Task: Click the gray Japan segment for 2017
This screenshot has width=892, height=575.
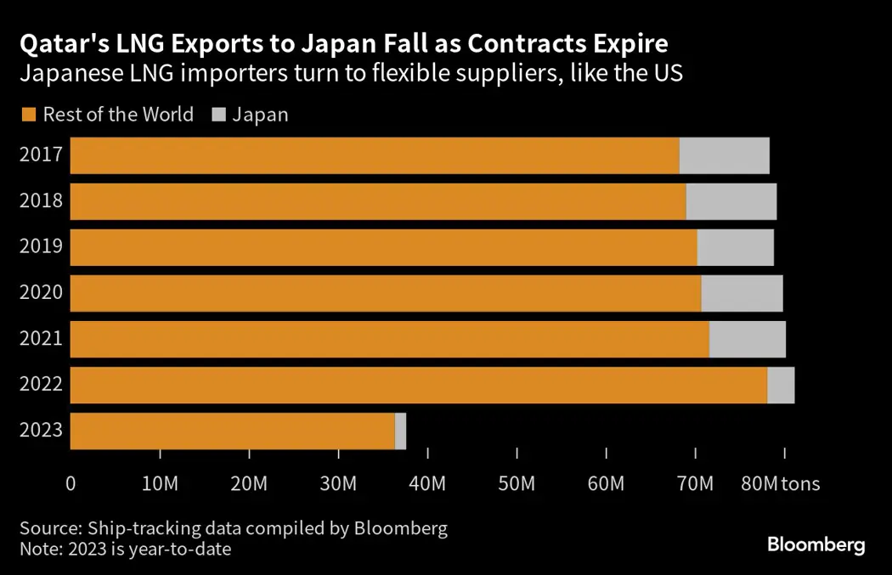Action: (x=724, y=155)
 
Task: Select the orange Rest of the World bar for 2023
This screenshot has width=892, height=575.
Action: (x=232, y=431)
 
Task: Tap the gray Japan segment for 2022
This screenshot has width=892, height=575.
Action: (x=781, y=385)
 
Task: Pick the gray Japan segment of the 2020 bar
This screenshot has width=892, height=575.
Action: (x=742, y=293)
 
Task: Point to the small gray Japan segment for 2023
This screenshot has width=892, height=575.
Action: (x=401, y=431)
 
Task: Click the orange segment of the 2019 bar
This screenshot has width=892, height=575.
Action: (x=383, y=247)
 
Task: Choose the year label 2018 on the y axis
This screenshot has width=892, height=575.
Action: (x=42, y=202)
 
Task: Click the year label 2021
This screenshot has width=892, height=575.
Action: (x=42, y=339)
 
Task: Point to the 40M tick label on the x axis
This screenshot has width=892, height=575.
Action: (x=427, y=484)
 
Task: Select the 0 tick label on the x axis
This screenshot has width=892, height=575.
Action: (x=71, y=484)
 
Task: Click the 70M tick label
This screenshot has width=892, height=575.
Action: (x=695, y=484)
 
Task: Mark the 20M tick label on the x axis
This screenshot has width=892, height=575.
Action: (x=249, y=484)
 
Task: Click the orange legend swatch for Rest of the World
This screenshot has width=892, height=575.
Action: (x=28, y=114)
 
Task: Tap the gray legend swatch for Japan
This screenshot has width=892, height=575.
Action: (x=217, y=114)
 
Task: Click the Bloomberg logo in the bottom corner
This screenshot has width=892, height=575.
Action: (x=816, y=544)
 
